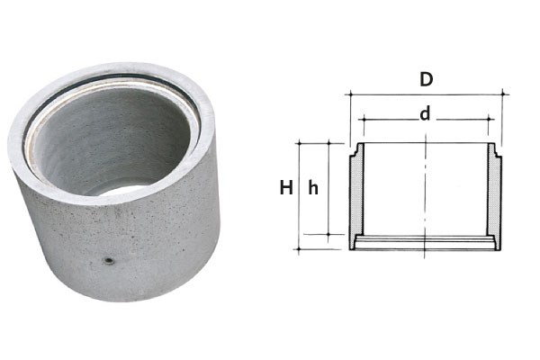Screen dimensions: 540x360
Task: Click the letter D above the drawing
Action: pyautogui.click(x=426, y=79)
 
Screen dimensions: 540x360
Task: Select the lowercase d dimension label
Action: pyautogui.click(x=426, y=113)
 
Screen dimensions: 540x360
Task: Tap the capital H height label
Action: pyautogui.click(x=286, y=188)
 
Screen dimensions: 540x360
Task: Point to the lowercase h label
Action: pyautogui.click(x=313, y=188)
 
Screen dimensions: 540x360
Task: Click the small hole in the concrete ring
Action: pyautogui.click(x=110, y=261)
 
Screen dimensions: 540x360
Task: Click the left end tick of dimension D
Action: pyautogui.click(x=351, y=94)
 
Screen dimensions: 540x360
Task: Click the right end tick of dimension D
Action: pyautogui.click(x=503, y=94)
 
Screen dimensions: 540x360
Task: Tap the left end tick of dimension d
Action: pyautogui.click(x=363, y=120)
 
